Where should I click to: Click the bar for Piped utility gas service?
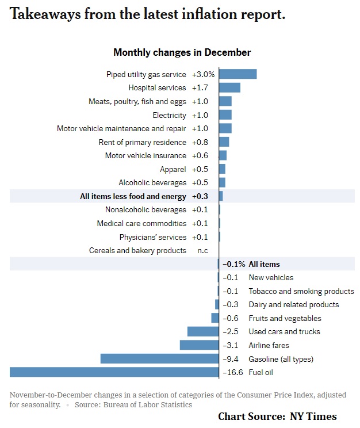coord(238,74)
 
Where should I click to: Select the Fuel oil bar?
coord(114,372)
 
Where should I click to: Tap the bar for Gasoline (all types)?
coord(159,359)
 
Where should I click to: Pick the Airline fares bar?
coord(199,345)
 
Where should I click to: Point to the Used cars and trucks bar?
coord(203,331)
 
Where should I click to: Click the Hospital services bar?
coord(229,88)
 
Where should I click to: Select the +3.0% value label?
coord(203,74)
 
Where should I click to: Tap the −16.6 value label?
coord(233,372)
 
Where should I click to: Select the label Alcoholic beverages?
coord(152,183)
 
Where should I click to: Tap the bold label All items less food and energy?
coord(133,196)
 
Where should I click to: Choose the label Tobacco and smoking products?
coord(301,291)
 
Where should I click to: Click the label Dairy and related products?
coord(293,304)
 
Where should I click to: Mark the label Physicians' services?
coord(153,237)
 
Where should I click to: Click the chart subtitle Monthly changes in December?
coord(182,52)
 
